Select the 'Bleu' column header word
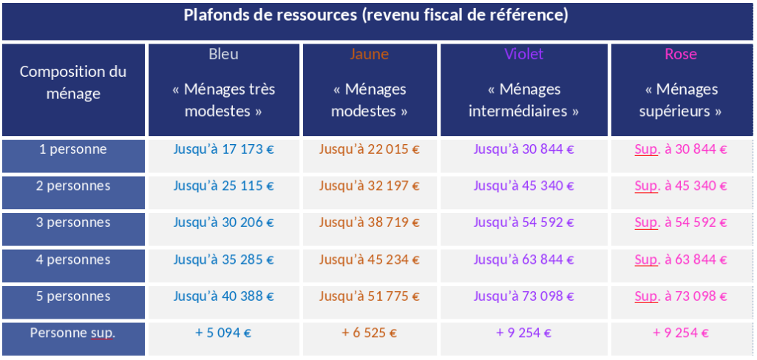[223, 54]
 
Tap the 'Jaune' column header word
[369, 54]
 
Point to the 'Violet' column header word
[523, 54]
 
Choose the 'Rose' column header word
[680, 54]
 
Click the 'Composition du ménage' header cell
[73, 83]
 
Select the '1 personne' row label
[73, 149]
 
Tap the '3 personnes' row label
[73, 223]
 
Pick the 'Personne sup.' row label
[73, 333]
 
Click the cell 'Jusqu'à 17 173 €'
[223, 149]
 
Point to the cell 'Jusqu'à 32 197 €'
[369, 186]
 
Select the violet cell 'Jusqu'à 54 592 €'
[523, 223]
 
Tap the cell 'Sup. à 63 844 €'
[680, 259]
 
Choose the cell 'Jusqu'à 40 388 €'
[223, 296]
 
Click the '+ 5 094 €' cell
[223, 333]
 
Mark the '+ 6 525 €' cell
[369, 333]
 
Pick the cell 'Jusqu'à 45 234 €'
[369, 259]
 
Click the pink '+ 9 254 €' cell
[680, 333]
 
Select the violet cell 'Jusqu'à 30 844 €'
[523, 149]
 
